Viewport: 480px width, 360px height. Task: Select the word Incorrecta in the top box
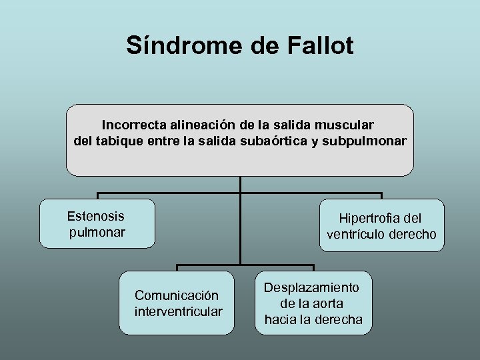[134, 125]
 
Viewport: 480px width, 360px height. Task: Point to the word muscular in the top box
[349, 125]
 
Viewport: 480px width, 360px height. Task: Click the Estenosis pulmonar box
[97, 223]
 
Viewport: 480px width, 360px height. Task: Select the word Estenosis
[96, 216]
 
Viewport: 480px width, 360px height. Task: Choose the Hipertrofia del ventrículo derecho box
[381, 225]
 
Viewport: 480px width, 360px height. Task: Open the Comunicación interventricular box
[177, 303]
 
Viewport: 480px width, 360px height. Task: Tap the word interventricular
[178, 311]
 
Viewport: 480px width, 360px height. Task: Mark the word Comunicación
[177, 295]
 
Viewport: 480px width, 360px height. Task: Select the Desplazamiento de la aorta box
[313, 303]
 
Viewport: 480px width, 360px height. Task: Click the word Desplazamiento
[312, 287]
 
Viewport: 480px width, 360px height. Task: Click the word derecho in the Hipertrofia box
[415, 234]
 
